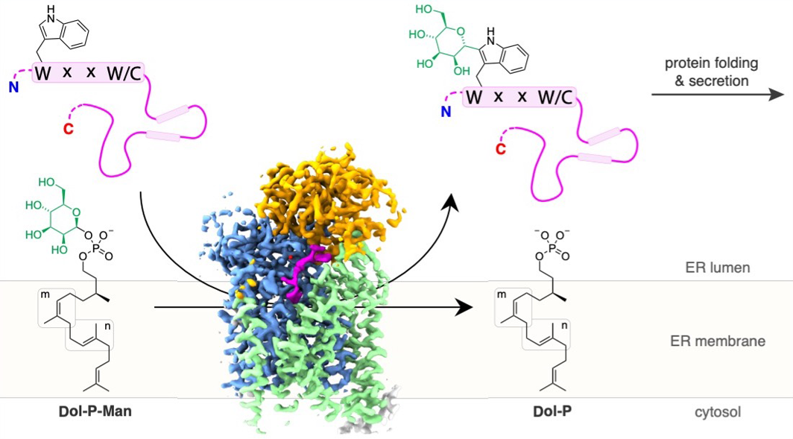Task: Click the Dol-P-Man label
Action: (95, 410)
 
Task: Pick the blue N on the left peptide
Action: (13, 88)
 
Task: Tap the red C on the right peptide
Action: (501, 150)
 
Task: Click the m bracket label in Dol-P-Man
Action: (44, 297)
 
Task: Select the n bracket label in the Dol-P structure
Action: (566, 324)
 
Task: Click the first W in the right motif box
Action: (473, 97)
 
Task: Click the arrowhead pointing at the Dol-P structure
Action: (465, 307)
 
